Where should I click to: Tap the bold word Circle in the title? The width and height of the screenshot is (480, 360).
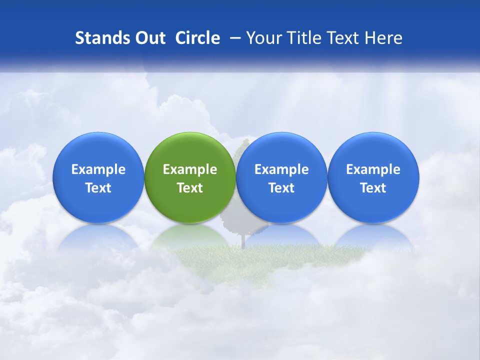[197, 38]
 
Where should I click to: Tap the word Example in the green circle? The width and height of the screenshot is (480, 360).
[190, 169]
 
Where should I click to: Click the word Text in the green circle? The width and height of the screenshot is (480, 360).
[190, 188]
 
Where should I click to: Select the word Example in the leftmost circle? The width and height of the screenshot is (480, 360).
[98, 169]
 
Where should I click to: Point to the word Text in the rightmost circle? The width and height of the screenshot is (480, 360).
[373, 188]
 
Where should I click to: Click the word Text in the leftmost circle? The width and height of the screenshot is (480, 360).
[98, 188]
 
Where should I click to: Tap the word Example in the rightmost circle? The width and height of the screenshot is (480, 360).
[373, 169]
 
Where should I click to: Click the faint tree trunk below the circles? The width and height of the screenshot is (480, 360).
[243, 240]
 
